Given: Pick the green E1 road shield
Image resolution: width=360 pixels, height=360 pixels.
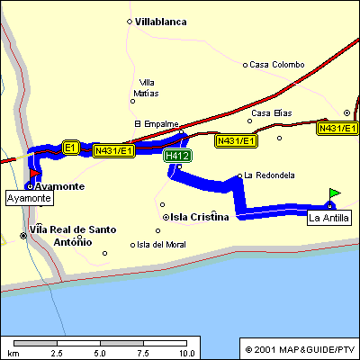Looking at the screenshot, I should pos(71,146).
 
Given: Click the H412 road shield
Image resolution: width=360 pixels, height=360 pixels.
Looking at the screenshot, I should pos(177,156).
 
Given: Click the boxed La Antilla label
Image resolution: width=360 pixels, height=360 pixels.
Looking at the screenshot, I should pos(328,218).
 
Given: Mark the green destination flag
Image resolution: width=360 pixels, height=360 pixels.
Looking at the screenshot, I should pos(335,193).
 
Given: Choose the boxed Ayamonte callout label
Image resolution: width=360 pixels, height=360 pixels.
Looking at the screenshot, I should pos(29,197).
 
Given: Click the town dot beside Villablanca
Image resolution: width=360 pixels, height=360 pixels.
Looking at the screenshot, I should pos(130,21).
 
